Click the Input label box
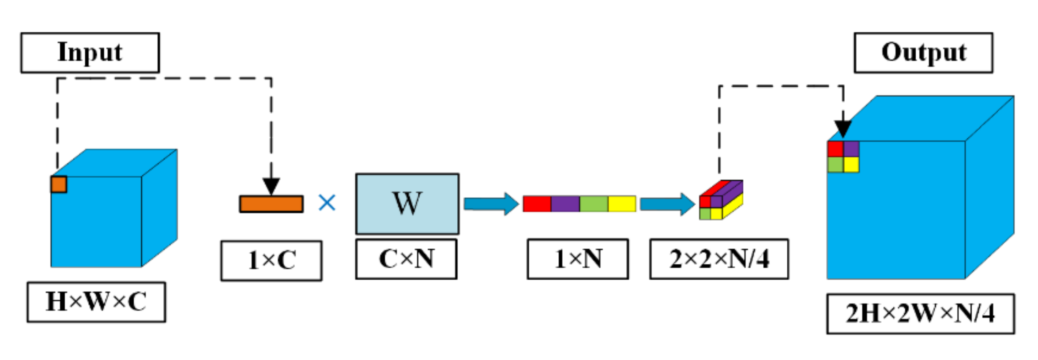(90, 52)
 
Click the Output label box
(923, 52)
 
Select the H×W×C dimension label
(96, 302)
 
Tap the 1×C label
(271, 260)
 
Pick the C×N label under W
(406, 259)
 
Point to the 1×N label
(578, 259)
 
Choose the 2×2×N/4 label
(719, 259)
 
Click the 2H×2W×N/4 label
(920, 314)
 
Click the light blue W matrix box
(407, 203)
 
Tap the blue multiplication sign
(327, 203)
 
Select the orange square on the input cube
(59, 184)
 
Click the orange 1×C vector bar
(271, 204)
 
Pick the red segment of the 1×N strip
(537, 204)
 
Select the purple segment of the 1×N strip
(565, 204)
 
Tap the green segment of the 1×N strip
(594, 204)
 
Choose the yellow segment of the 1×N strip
(622, 204)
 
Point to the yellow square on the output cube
(851, 165)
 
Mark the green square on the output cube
(835, 165)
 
